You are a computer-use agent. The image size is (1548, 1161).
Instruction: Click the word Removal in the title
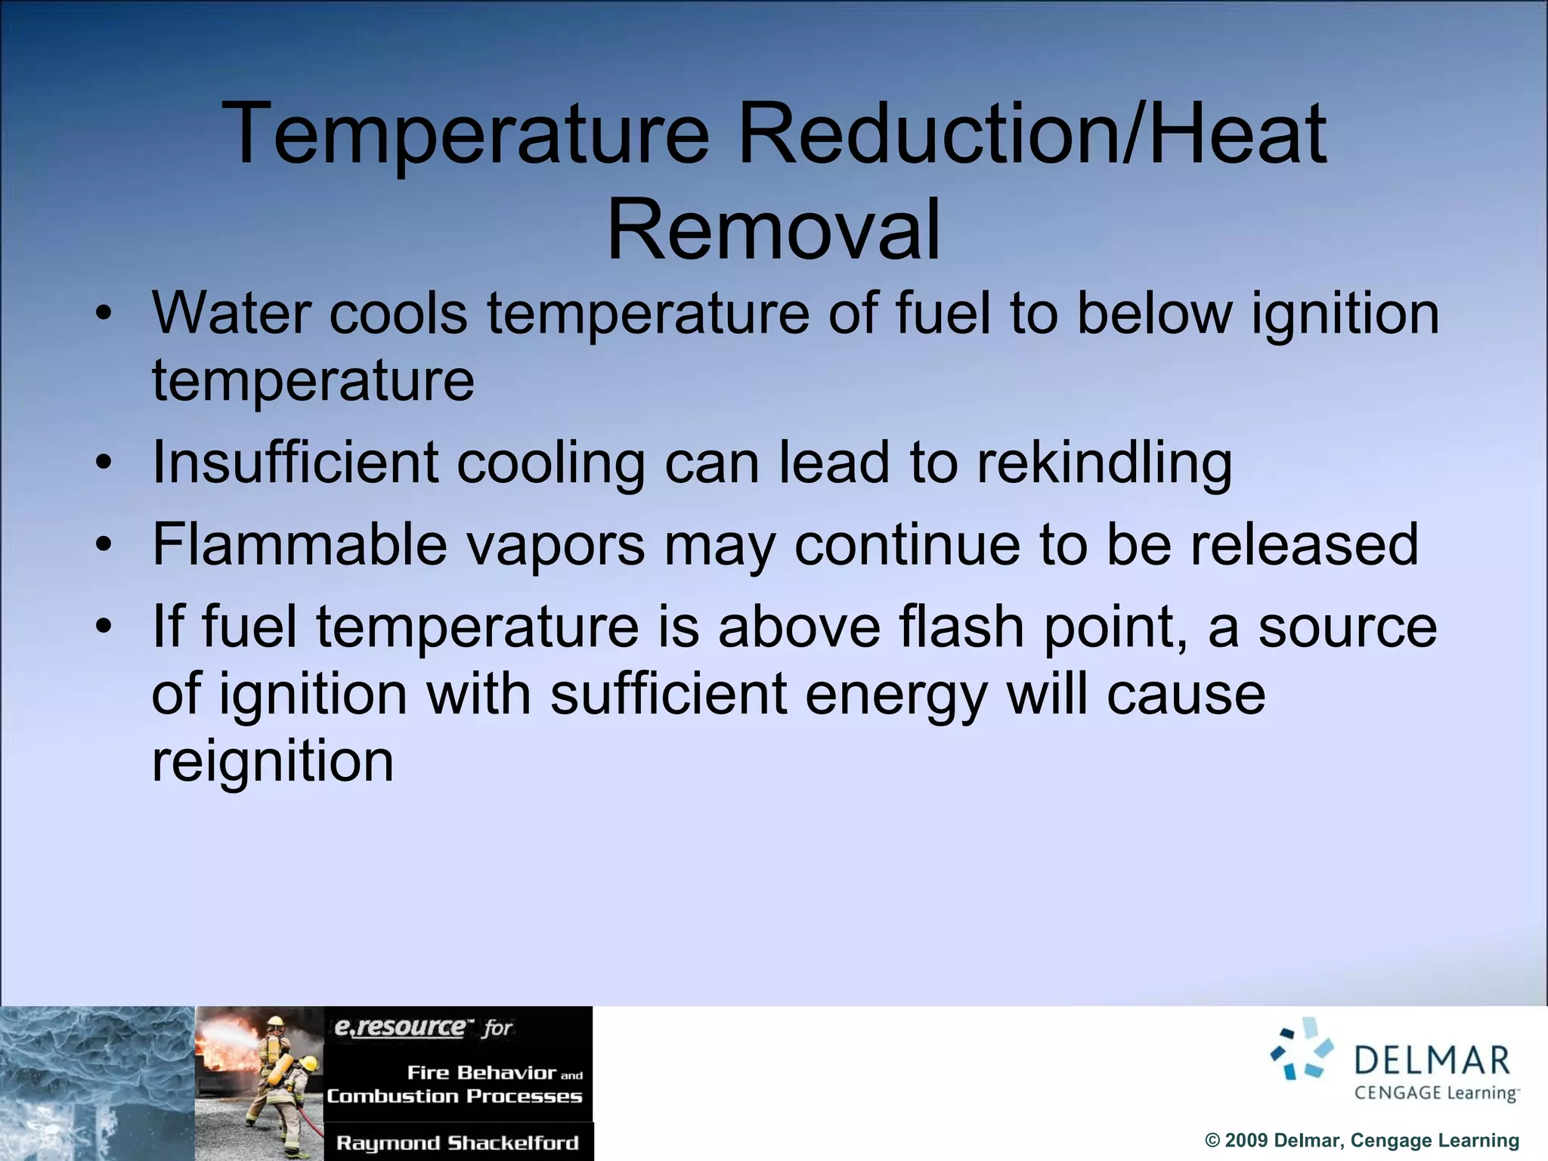[x=773, y=229]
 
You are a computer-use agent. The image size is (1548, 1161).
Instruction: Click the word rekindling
[x=1104, y=463]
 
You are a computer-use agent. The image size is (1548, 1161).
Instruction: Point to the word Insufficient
[x=295, y=463]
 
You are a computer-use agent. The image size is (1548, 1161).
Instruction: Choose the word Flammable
[x=300, y=544]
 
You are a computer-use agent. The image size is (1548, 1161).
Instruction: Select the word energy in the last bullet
[x=896, y=694]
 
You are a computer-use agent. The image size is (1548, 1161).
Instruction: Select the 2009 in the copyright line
[x=1246, y=1141]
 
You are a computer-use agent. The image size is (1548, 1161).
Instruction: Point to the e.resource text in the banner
[x=401, y=1027]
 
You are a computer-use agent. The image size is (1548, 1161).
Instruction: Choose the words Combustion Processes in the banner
[x=454, y=1096]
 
